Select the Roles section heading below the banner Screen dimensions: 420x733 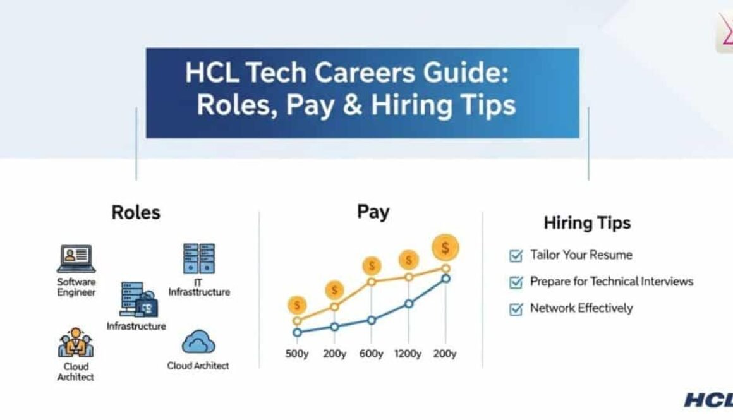point(135,212)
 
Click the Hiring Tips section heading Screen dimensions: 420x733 point(587,223)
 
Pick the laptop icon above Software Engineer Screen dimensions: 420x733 point(76,258)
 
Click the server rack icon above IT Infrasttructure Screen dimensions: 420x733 point(198,258)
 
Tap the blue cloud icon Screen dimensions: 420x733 point(198,344)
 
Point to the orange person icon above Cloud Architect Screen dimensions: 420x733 point(76,343)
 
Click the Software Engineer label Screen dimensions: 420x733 point(76,287)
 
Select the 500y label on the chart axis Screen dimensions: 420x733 point(297,354)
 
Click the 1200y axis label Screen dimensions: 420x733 point(408,354)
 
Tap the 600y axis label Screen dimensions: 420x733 point(371,354)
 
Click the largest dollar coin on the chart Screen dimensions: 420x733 point(445,248)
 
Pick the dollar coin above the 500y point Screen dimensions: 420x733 point(296,306)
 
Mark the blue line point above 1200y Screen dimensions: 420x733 point(409,304)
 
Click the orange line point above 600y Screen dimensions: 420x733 point(372,282)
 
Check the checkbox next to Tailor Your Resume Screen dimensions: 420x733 point(516,256)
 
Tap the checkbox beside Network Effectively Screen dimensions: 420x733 point(516,309)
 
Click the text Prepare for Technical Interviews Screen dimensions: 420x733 point(611,282)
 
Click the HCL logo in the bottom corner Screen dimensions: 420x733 point(708,400)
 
